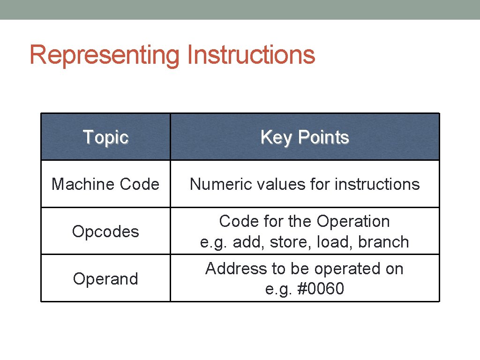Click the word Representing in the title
coord(105,55)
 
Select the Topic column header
coord(105,137)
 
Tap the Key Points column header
coord(305,137)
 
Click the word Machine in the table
coord(77,184)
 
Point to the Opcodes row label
coord(105,232)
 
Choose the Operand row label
coord(105,278)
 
